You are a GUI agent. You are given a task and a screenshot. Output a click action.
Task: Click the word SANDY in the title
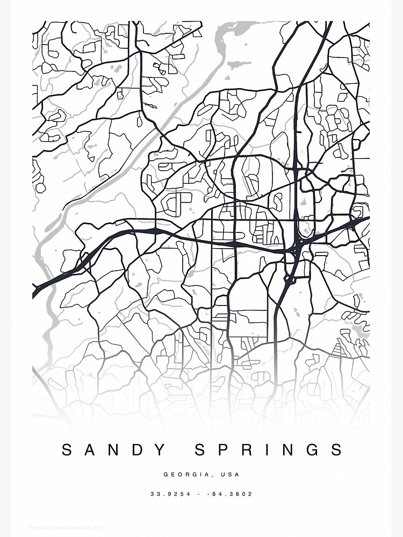pyautogui.click(x=113, y=450)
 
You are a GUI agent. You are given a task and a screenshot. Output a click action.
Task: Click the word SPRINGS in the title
pyautogui.click(x=268, y=450)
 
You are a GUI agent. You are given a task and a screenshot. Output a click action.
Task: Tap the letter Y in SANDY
pyautogui.click(x=161, y=450)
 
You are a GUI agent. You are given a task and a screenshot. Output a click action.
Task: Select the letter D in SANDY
pyautogui.click(x=138, y=450)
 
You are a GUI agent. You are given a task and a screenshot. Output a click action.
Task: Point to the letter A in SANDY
pyautogui.click(x=90, y=450)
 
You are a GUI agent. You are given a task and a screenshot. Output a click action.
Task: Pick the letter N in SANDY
pyautogui.click(x=113, y=450)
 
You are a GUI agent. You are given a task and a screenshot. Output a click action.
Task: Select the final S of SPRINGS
pyautogui.click(x=337, y=450)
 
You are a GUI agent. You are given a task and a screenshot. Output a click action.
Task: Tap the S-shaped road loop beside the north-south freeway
pyautogui.click(x=278, y=202)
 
